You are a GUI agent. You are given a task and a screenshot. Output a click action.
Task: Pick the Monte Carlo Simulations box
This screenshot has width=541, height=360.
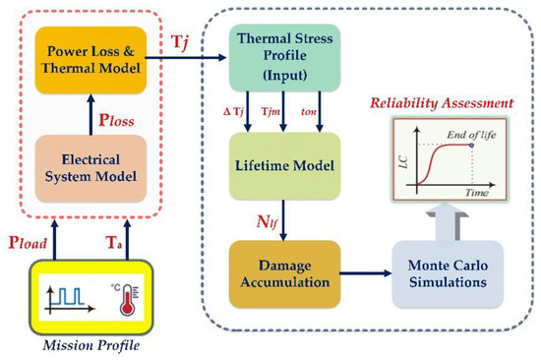point(440,265)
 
